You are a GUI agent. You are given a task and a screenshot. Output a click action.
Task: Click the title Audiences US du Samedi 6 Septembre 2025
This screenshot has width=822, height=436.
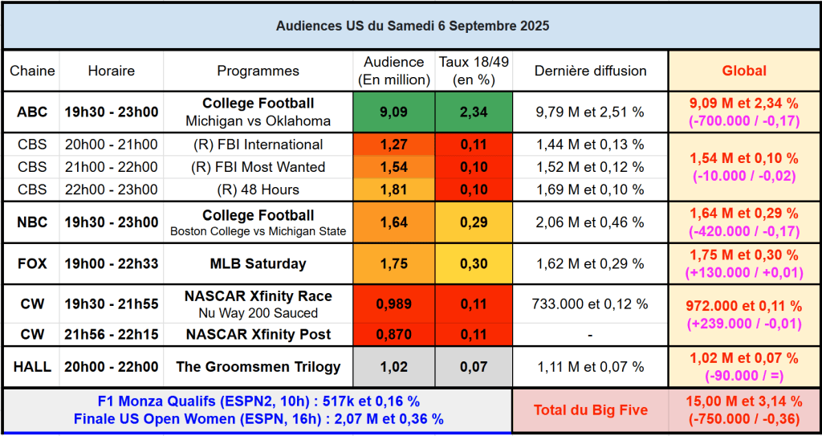coord(413,26)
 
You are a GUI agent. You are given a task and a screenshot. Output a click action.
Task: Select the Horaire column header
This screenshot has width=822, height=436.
coord(112,71)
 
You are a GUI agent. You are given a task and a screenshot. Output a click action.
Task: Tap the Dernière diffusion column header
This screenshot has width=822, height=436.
coord(590,71)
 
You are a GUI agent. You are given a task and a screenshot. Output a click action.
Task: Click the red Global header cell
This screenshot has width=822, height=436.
coord(744,71)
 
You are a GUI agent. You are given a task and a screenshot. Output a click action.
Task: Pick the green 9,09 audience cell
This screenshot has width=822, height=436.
coord(393,112)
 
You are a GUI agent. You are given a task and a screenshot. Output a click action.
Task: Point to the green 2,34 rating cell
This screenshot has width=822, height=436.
coord(474,112)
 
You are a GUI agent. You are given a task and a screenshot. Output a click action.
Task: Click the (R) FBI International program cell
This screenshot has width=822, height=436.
coord(258,145)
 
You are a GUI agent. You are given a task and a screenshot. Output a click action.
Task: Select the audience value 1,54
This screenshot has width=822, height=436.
coord(393,167)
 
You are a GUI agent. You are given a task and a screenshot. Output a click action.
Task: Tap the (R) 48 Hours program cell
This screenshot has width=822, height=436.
coord(258,189)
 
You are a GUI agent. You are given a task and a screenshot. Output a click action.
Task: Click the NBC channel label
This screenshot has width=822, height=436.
coord(32,222)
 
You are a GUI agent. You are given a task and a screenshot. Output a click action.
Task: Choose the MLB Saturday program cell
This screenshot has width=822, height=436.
coord(258,263)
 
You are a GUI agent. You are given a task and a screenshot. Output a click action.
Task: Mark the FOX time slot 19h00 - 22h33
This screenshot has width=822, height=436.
coord(112,263)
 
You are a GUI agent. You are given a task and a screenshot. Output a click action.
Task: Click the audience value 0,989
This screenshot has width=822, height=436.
coord(393,304)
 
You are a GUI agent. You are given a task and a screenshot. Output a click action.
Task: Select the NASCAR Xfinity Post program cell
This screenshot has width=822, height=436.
coord(258,334)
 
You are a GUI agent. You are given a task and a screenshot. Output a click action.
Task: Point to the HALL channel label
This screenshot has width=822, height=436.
coord(32,367)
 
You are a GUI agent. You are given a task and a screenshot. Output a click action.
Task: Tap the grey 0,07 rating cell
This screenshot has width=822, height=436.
coord(474,367)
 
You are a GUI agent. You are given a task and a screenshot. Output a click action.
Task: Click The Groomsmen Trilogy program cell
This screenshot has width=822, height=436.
coord(258,367)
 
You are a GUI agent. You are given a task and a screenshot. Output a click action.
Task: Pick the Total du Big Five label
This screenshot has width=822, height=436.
coord(590,410)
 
